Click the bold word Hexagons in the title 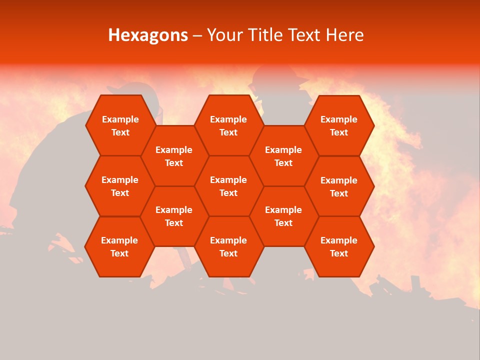coord(148,35)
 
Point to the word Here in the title coord(344,35)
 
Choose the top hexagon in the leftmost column coord(120,125)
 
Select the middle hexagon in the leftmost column coord(120,186)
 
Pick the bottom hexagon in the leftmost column coord(119,246)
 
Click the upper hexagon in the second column coord(174,156)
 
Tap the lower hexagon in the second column coord(174,216)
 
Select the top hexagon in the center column coord(228,125)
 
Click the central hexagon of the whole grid coord(228,186)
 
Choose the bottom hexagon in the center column coord(228,246)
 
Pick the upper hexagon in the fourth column coord(283,156)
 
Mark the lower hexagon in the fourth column coord(283,216)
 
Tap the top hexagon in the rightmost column coord(339,125)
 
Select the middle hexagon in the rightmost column coord(339,186)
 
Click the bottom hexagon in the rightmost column coord(339,246)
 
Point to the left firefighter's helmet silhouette coord(131,89)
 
